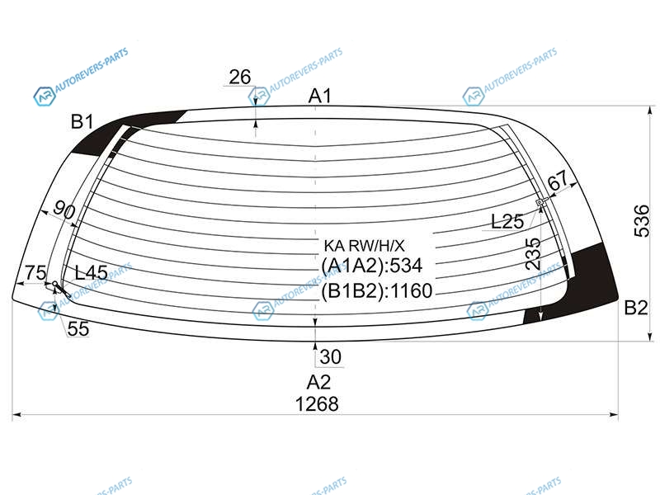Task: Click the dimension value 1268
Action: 317,404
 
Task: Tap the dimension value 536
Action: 643,221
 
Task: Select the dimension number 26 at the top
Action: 240,77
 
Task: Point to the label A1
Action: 320,96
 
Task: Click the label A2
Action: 318,382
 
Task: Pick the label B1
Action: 82,121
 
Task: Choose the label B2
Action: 635,308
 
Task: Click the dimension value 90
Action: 64,210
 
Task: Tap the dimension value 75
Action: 35,273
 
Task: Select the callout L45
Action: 92,273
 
